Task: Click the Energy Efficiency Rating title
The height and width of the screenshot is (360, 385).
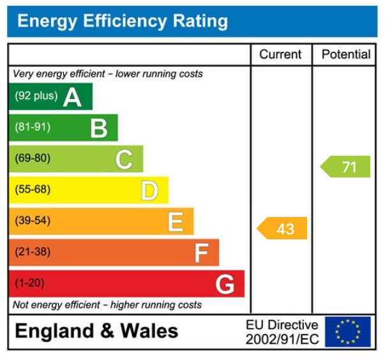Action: [122, 22]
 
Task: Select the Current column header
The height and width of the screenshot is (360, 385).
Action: [281, 55]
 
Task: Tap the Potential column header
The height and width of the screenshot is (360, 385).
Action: [345, 55]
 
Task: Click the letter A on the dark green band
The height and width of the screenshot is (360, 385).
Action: [72, 97]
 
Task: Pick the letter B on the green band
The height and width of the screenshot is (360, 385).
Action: [98, 128]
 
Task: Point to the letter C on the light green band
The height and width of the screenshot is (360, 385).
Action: [124, 159]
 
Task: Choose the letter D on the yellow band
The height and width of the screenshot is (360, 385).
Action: [149, 190]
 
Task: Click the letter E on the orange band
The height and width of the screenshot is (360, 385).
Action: [175, 221]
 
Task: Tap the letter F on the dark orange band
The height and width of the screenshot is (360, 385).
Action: [201, 253]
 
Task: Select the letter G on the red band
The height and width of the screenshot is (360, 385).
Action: [225, 284]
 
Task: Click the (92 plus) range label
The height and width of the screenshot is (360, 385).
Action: [36, 96]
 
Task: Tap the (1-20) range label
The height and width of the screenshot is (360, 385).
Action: [29, 283]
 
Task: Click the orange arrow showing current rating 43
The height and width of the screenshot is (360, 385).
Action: [282, 229]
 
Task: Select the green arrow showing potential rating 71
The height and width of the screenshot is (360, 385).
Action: [345, 167]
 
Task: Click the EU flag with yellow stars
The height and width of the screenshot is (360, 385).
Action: [347, 332]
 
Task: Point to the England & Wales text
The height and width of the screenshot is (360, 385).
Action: [96, 331]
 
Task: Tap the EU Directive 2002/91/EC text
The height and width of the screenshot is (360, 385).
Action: [282, 333]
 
